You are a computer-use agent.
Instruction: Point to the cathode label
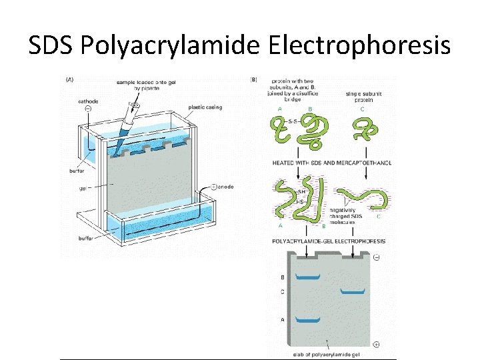click(87, 101)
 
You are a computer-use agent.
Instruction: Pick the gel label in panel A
click(84, 188)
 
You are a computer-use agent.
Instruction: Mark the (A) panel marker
click(69, 80)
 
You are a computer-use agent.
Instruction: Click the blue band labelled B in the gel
click(307, 277)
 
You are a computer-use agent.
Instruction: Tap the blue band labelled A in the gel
click(307, 321)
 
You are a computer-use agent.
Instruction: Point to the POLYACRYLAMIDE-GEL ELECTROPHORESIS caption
click(329, 241)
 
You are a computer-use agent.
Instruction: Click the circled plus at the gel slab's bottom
click(377, 344)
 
